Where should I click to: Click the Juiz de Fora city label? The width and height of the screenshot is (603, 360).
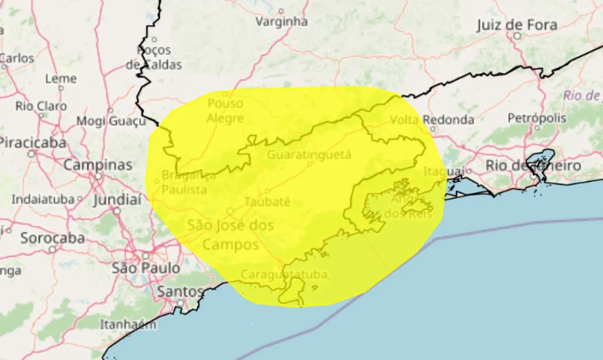(517, 25)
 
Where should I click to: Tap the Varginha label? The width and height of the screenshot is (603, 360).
(281, 22)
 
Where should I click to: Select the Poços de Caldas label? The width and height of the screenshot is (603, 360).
(154, 57)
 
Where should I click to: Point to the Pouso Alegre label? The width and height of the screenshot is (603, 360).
(225, 111)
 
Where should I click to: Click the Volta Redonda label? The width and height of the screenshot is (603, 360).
(432, 120)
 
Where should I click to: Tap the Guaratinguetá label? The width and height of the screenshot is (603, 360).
(309, 155)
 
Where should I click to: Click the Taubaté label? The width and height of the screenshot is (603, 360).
(267, 202)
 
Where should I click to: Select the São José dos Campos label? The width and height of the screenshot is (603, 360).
(230, 235)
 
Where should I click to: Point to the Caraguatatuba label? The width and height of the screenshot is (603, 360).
(284, 274)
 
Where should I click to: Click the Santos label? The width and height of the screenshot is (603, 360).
(180, 292)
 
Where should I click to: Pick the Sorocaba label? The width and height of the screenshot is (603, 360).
(52, 238)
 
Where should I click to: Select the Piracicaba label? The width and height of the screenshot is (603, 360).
(32, 142)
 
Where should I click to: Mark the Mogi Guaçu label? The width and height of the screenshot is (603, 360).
(111, 121)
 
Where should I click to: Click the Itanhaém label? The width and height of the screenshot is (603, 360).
(128, 324)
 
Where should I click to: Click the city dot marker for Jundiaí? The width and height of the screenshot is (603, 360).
(117, 211)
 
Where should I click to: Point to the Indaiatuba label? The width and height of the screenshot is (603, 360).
(43, 199)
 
